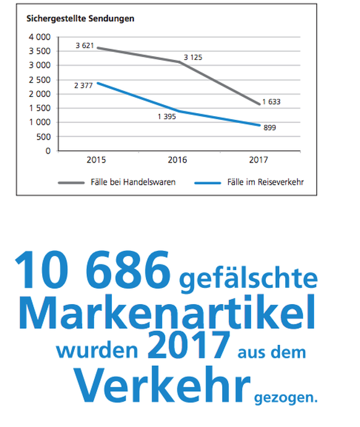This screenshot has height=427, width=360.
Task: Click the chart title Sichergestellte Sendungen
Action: click(80, 18)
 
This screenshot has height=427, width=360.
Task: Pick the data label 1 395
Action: click(165, 116)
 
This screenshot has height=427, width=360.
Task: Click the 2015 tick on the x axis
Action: click(96, 159)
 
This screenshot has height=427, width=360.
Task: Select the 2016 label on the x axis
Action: click(177, 159)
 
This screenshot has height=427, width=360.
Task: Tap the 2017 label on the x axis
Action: click(259, 159)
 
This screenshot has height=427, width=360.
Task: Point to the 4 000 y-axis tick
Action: click(38, 37)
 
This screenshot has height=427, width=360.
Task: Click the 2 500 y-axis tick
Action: click(38, 80)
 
